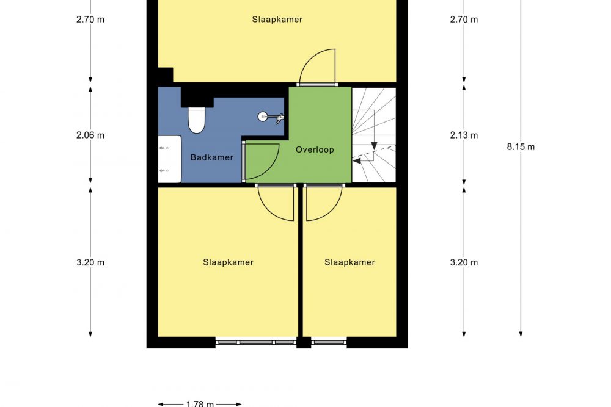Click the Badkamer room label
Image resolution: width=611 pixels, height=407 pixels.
point(211,157)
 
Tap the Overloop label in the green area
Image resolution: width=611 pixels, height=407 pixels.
point(315,150)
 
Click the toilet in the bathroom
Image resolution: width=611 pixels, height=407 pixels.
point(196,120)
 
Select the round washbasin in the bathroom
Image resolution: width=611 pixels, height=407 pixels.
point(263,117)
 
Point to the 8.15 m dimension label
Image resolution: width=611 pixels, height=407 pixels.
point(521,147)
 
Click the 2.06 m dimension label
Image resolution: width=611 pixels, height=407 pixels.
point(90,135)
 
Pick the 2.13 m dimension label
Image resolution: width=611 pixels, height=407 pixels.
point(464,135)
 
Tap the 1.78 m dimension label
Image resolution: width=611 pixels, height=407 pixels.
point(200,404)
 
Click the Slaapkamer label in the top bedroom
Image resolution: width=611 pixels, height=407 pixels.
point(277,20)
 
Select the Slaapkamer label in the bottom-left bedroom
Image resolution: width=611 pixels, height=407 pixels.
point(228,262)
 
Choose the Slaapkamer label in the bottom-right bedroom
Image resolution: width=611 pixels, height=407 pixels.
point(349,262)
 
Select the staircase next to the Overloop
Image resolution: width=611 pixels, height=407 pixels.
point(374,135)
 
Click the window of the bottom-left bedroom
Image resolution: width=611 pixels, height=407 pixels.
point(256,342)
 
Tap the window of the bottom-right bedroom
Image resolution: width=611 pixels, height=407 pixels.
point(329,342)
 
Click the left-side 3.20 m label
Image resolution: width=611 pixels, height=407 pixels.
point(90,262)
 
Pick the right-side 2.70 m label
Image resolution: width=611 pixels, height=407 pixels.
point(464,20)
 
